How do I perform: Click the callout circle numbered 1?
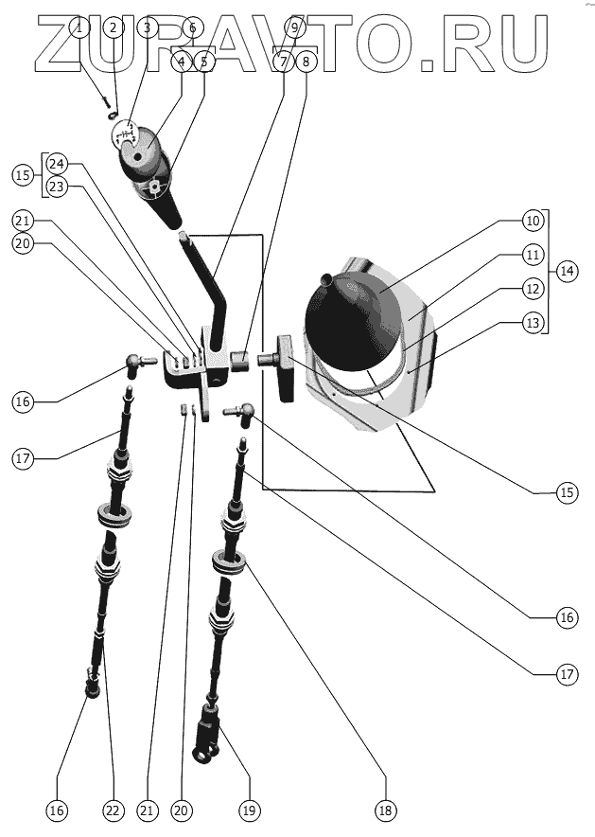pyautogui.click(x=79, y=27)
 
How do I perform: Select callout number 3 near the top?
pyautogui.click(x=146, y=27)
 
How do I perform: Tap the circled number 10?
pyautogui.click(x=534, y=221)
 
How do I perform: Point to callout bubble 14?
pyautogui.click(x=567, y=271)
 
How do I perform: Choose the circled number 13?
pyautogui.click(x=534, y=323)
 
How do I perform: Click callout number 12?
pyautogui.click(x=534, y=289)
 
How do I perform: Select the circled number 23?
pyautogui.click(x=56, y=187)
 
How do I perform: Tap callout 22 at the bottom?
pyautogui.click(x=114, y=810)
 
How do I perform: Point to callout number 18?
pyautogui.click(x=383, y=810)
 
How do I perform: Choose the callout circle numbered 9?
pyautogui.click(x=293, y=27)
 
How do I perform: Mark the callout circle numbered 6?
pyautogui.click(x=193, y=27)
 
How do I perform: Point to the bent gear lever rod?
pyautogui.click(x=217, y=294)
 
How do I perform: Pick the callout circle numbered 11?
pyautogui.click(x=534, y=255)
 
